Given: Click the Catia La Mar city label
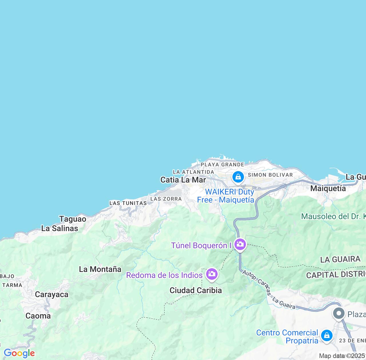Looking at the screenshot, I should pyautogui.click(x=183, y=180).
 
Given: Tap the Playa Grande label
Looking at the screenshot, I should pyautogui.click(x=222, y=165).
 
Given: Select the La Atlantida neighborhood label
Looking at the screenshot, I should pyautogui.click(x=194, y=172).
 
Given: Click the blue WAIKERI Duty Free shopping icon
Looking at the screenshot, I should pyautogui.click(x=238, y=177).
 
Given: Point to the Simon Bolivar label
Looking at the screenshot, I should pyautogui.click(x=270, y=175).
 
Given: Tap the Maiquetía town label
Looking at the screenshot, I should pyautogui.click(x=328, y=189).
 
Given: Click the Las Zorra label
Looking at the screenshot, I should pyautogui.click(x=166, y=199).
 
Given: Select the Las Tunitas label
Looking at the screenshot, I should pyautogui.click(x=128, y=203).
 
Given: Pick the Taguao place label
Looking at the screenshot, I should pyautogui.click(x=73, y=219).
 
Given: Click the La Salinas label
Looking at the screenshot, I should pyautogui.click(x=59, y=228).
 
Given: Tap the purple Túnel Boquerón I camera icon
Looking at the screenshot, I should pyautogui.click(x=240, y=245).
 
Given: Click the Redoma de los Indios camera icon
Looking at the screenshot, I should pyautogui.click(x=212, y=274).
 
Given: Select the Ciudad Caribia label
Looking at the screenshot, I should pyautogui.click(x=196, y=291).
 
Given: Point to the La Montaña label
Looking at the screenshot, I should pyautogui.click(x=100, y=269).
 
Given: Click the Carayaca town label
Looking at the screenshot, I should pyautogui.click(x=51, y=295).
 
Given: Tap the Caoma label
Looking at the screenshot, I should pyautogui.click(x=38, y=316).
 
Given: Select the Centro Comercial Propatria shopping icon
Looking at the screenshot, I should pyautogui.click(x=327, y=335).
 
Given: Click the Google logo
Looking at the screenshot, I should pyautogui.click(x=19, y=353).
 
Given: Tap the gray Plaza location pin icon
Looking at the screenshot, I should pyautogui.click(x=339, y=314).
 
